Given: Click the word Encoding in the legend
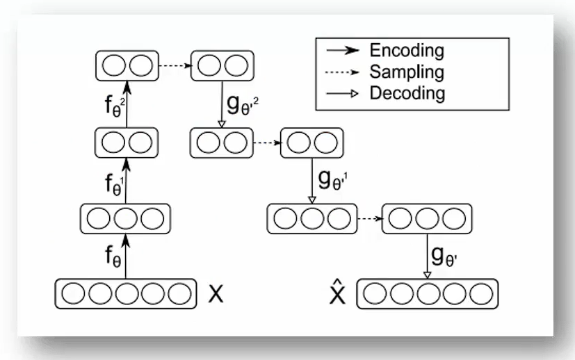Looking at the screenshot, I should [x=407, y=51].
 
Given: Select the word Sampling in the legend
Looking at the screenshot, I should [x=407, y=72].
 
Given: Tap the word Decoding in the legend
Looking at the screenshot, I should [x=407, y=92].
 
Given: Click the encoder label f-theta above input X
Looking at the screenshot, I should [x=113, y=259].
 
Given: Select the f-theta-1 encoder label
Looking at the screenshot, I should [x=114, y=184].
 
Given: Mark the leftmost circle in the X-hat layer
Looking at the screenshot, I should [x=375, y=293].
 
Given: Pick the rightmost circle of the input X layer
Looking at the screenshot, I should [x=179, y=293].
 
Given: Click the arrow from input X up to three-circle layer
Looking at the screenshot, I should [x=126, y=256].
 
